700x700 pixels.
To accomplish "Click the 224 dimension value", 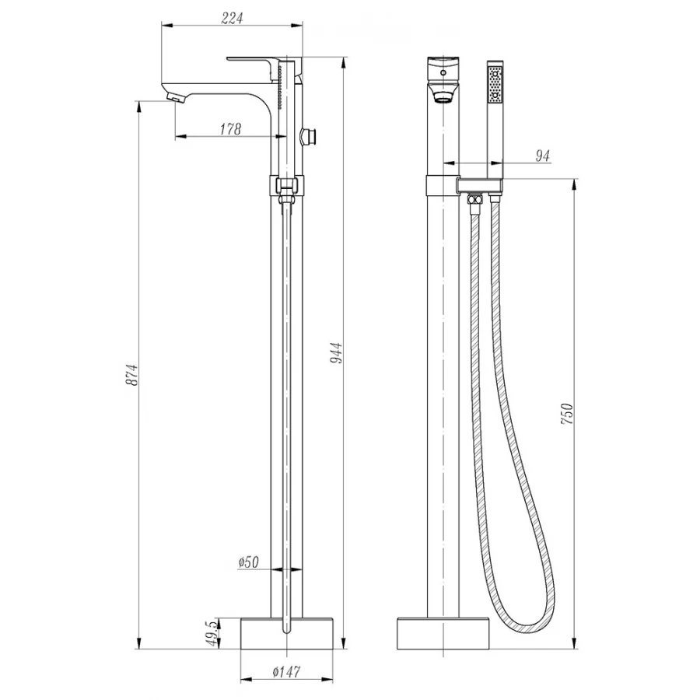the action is click(x=232, y=19).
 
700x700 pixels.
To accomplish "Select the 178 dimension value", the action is click(x=230, y=129).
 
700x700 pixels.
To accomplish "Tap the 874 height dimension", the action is click(x=132, y=375).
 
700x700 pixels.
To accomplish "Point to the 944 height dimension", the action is click(x=336, y=352).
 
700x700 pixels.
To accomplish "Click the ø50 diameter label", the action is click(x=249, y=562).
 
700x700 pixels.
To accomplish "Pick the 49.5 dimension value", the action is click(x=215, y=632).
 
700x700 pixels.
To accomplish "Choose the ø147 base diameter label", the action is click(x=286, y=671).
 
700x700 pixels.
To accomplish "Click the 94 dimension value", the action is click(x=542, y=156).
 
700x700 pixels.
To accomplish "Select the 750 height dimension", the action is click(x=566, y=413).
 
